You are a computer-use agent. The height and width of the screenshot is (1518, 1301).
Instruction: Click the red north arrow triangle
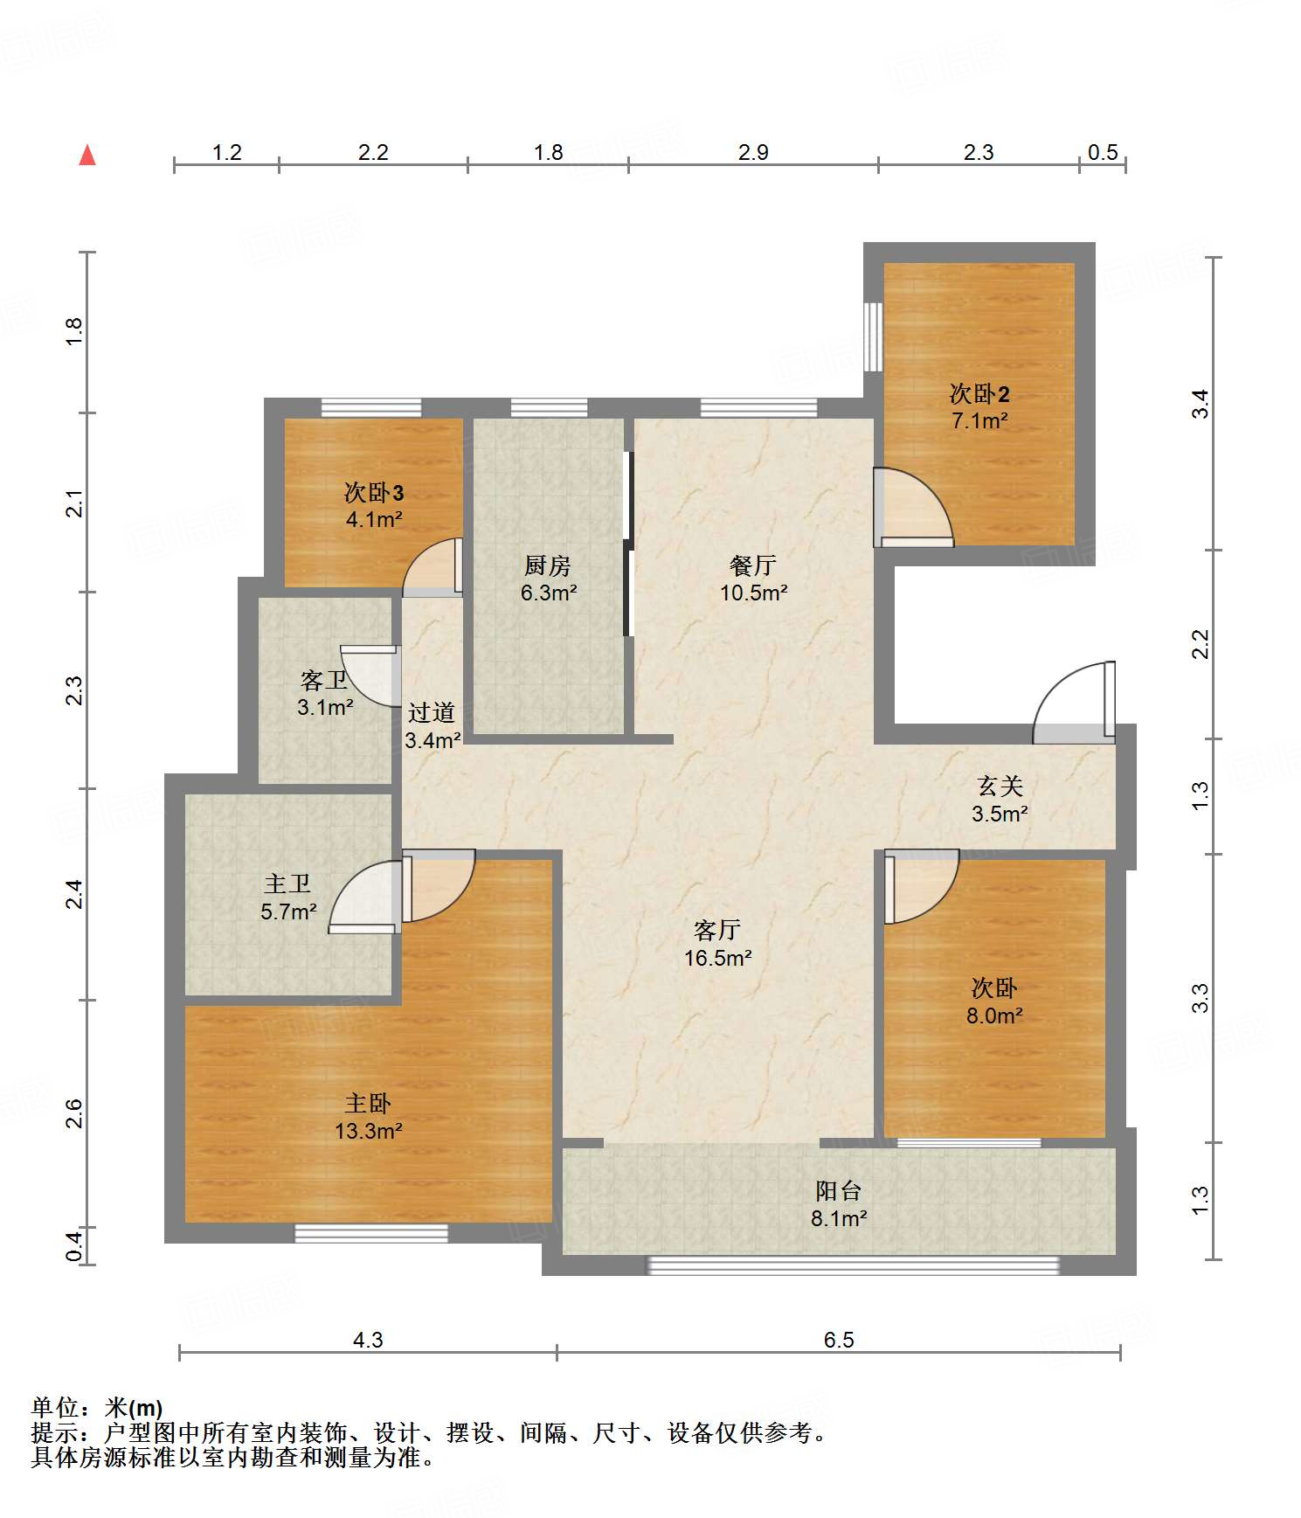[x=87, y=155]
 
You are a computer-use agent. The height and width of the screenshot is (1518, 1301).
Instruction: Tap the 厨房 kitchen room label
[x=548, y=565]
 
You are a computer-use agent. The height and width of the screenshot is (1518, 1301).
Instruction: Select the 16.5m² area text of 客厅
[x=718, y=958]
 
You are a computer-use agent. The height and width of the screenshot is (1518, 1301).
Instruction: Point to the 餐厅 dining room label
[x=753, y=565]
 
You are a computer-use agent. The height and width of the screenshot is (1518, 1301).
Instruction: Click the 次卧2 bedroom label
[x=979, y=393]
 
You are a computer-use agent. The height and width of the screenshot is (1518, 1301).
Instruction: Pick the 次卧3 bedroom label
[x=374, y=492]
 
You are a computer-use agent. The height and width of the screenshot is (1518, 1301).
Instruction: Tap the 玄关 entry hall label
[x=1000, y=786]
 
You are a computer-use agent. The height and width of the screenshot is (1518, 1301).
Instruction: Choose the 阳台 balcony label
[x=839, y=1190]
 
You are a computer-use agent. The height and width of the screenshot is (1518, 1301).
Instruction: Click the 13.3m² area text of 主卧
[x=369, y=1131]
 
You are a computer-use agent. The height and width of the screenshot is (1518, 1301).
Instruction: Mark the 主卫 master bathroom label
[x=288, y=884]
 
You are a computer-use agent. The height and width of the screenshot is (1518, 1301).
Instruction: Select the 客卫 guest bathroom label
[x=324, y=680]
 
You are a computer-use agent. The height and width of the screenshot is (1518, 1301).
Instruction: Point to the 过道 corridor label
[x=432, y=712]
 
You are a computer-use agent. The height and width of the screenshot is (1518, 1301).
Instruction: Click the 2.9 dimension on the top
[x=753, y=152]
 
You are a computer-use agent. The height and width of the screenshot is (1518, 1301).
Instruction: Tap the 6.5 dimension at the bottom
[x=839, y=1340]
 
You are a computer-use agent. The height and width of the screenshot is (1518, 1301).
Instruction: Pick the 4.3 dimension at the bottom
[x=368, y=1340]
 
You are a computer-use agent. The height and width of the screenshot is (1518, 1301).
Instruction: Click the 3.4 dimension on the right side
[x=1201, y=404]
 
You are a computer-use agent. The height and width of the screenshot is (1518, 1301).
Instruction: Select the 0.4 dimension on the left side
[x=74, y=1245]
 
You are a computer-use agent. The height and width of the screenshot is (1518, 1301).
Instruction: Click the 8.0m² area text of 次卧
[x=994, y=1015]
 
